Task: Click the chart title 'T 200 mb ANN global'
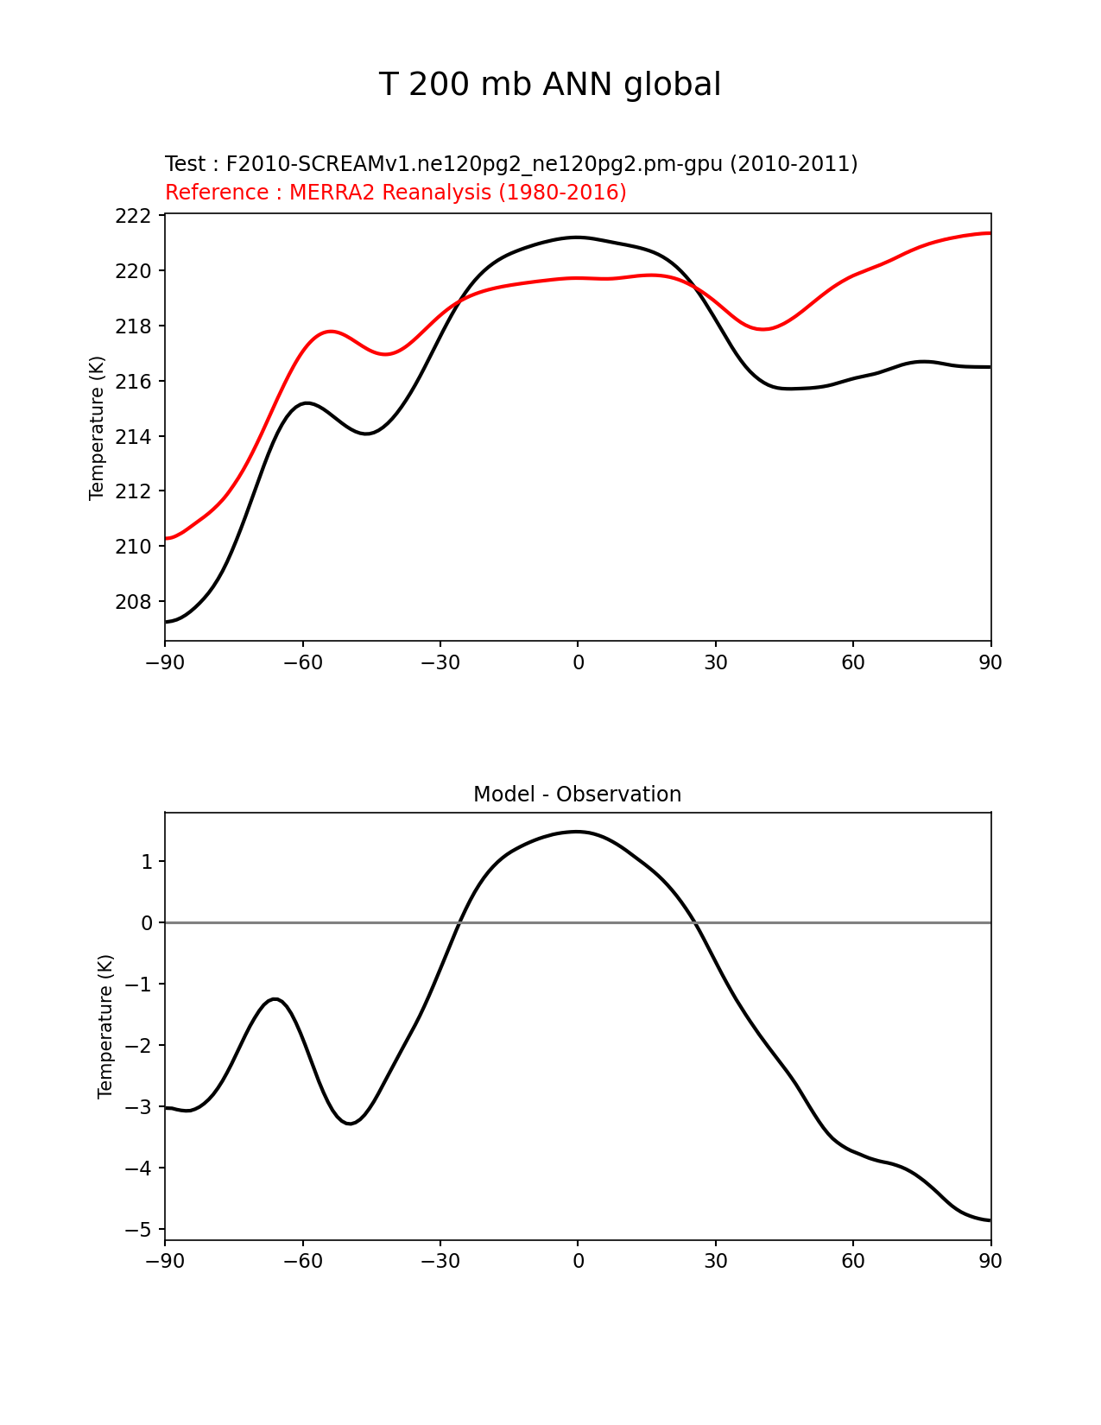(549, 85)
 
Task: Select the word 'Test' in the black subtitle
(186, 164)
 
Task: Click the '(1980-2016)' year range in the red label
(562, 193)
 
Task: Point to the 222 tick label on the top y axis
(133, 216)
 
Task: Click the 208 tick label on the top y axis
(133, 602)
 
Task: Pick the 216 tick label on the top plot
(133, 382)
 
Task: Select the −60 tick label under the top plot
(302, 662)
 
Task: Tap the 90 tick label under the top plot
(990, 662)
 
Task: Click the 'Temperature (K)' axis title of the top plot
(97, 427)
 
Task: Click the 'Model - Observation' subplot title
(577, 795)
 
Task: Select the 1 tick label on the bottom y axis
(147, 862)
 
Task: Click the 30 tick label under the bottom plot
(715, 1261)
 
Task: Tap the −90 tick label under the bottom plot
(165, 1261)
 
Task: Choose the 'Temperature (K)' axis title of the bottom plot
(105, 1026)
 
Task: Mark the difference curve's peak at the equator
(577, 832)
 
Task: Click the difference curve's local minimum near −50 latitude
(350, 1124)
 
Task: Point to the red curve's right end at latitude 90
(990, 233)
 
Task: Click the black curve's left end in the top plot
(167, 622)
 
